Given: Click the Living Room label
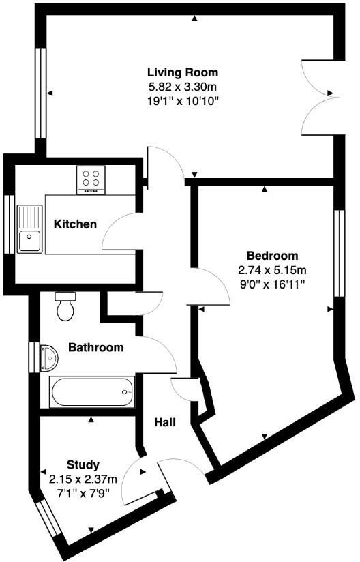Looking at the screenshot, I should tap(183, 72).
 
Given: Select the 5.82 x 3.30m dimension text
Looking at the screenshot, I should tap(183, 87).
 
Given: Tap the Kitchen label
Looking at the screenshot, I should tap(75, 224).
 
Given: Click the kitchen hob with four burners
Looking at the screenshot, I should tap(92, 179).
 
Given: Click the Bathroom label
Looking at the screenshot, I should tap(96, 347).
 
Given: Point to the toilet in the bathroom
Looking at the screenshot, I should tap(66, 306).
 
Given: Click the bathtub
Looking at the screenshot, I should tap(91, 392).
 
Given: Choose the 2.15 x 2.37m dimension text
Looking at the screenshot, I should tap(83, 478).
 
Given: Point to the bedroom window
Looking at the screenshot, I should tap(337, 252).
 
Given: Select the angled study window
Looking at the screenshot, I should tap(50, 520).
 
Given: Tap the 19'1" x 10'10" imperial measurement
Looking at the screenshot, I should tap(183, 100).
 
